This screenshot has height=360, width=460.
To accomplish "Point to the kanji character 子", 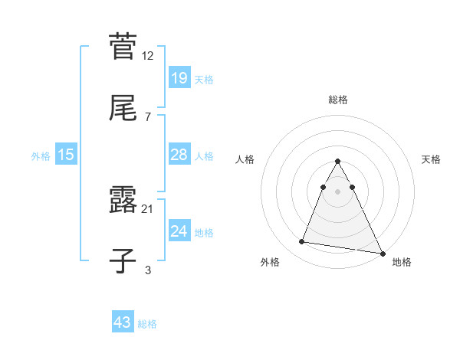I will (x=123, y=261).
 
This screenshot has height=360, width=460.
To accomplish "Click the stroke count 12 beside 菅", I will (x=148, y=56).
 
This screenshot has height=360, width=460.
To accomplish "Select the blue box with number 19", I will (x=179, y=77).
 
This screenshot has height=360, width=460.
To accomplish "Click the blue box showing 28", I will (x=179, y=155).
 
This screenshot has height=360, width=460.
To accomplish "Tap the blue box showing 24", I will (x=179, y=231).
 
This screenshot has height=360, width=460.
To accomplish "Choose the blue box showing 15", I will (x=66, y=155).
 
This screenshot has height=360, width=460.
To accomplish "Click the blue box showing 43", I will (x=123, y=322).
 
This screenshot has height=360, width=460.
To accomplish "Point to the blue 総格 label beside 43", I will (x=147, y=324).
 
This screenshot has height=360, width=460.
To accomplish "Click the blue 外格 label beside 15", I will (x=41, y=155).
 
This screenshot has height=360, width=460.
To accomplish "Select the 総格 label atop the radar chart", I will (x=338, y=100).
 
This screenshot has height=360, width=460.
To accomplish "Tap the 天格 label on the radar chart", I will (x=432, y=159).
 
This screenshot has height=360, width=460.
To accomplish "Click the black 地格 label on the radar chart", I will (x=402, y=262).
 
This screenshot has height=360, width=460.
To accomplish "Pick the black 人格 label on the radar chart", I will (x=245, y=159).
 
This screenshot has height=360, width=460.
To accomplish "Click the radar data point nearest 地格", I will (x=383, y=254).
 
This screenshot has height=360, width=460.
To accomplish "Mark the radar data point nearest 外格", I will (x=301, y=242).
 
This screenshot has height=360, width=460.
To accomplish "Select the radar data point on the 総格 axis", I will (x=338, y=161).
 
